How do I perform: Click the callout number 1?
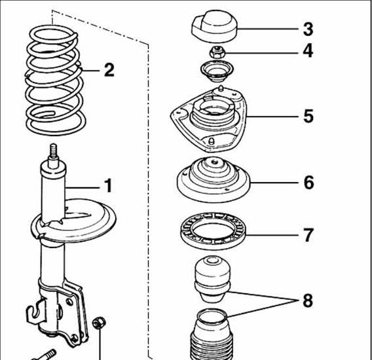tap(108, 185)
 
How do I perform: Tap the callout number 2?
tap(109, 70)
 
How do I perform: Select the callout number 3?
tap(308, 29)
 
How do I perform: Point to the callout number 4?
tap(308, 51)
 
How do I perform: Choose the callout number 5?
tap(308, 117)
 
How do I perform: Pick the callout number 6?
tap(308, 183)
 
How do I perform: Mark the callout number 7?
tap(308, 235)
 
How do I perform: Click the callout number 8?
tap(308, 300)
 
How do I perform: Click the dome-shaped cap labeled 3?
tap(214, 26)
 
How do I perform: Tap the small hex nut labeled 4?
tap(217, 52)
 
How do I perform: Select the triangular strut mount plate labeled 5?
tap(209, 120)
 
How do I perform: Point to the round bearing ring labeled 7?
tap(214, 231)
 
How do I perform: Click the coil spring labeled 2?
tap(55, 80)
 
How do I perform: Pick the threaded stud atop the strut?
tap(54, 151)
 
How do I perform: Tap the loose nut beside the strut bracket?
tap(99, 323)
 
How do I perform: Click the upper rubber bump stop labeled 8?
tap(212, 279)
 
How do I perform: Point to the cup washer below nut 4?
tap(217, 71)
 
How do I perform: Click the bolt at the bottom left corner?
tap(45, 355)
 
